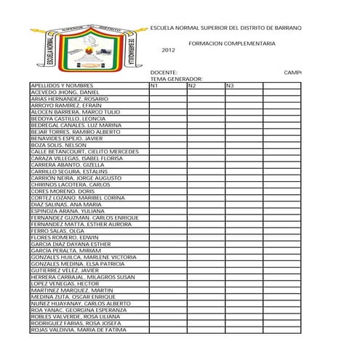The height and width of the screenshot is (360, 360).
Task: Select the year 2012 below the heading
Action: [168, 50]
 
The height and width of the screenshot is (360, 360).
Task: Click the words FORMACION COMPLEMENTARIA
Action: [231, 44]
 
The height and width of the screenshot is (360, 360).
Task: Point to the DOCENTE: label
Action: [164, 73]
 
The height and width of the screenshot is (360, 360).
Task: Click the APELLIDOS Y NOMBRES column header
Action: [63, 87]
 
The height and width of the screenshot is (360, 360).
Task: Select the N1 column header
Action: [154, 87]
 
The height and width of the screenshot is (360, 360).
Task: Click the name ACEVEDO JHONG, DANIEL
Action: [65, 93]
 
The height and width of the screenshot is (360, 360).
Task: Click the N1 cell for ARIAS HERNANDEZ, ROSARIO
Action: [167, 100]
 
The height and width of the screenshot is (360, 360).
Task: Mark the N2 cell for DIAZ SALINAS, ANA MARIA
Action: [204, 204]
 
